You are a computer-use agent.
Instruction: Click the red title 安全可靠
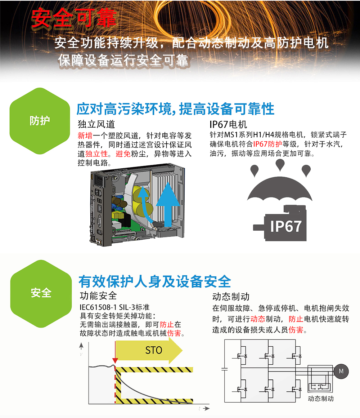74,18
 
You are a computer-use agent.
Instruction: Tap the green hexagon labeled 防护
40,121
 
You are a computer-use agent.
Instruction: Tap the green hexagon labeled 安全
41,294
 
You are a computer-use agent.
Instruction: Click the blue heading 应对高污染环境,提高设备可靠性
175,109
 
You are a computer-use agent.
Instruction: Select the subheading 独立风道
96,124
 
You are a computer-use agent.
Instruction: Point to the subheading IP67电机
229,124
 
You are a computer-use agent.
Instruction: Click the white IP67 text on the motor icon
286,226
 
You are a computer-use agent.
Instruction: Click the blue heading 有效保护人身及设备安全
155,281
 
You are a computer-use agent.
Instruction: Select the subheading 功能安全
98,295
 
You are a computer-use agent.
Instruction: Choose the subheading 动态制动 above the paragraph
231,297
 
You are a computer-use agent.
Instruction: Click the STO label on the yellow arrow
154,350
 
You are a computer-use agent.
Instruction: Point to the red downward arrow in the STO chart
115,352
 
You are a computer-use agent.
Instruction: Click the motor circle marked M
341,372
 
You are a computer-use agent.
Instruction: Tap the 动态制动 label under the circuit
321,399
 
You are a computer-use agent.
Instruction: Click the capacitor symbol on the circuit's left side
225,369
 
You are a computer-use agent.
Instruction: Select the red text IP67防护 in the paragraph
267,144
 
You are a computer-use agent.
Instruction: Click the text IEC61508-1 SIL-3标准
114,307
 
